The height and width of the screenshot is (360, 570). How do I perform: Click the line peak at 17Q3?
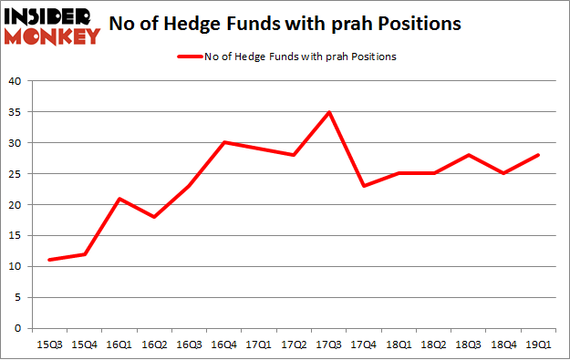329,112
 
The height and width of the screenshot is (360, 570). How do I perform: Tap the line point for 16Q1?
119,199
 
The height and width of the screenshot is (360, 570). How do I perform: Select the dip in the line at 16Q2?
154,217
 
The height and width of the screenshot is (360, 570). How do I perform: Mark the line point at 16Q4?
224,142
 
